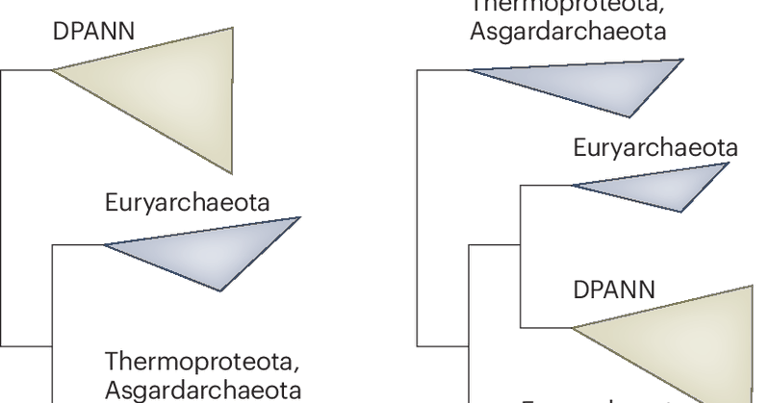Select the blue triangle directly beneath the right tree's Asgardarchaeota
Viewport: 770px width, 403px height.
(607, 82)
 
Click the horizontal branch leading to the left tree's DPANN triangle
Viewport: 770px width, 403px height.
(25, 69)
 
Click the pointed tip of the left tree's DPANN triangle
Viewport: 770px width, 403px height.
(52, 69)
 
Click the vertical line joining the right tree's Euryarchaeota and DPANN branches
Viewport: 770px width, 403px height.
(520, 256)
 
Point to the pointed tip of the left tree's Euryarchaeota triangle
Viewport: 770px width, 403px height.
(105, 245)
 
